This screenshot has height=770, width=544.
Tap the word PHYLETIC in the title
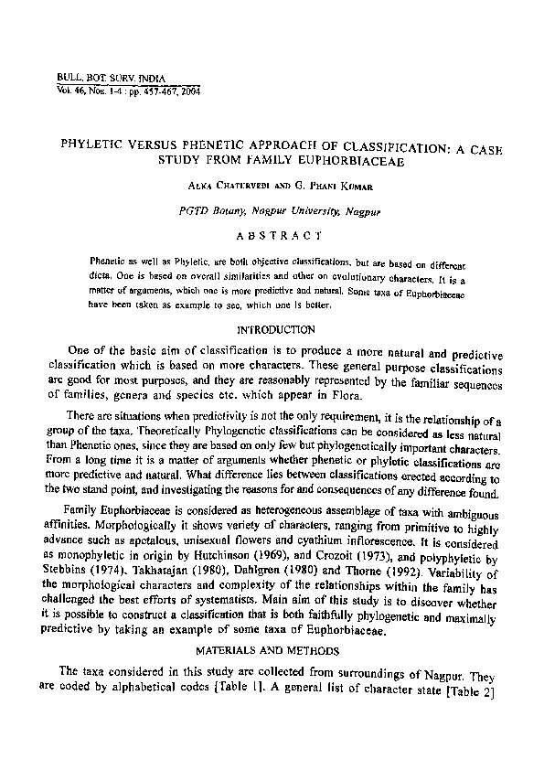(x=95, y=144)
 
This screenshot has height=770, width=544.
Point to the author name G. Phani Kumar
(x=325, y=187)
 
